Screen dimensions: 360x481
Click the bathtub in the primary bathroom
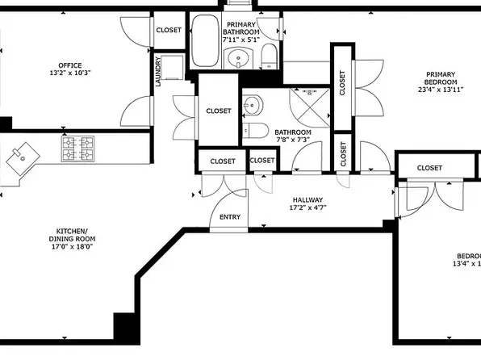point(205,42)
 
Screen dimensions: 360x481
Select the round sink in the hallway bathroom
point(252,103)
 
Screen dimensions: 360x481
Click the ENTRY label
point(229,217)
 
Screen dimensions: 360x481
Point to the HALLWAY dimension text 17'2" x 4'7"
point(307,207)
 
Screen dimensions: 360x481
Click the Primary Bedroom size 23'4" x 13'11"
point(441,90)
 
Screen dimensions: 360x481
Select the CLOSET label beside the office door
point(169,30)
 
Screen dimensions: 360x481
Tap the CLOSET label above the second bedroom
point(429,168)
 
